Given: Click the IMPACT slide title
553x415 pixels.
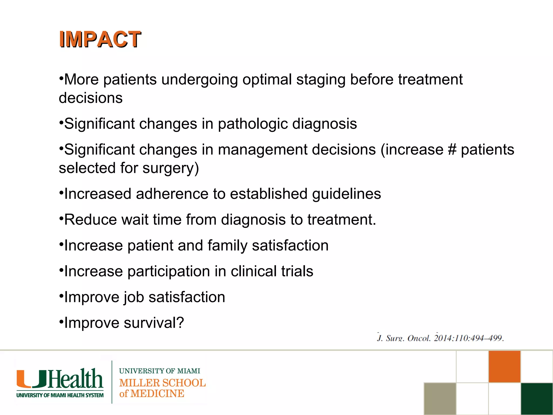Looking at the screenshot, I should point(100,39).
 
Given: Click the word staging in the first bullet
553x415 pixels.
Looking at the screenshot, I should point(321,80).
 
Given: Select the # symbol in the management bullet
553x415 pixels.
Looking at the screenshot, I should point(452,150).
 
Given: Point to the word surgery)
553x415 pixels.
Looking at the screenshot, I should point(171,168).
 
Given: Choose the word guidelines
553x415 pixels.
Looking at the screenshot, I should point(346,194).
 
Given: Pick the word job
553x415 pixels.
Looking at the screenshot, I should point(134,297).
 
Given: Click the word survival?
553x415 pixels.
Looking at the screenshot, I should point(154,323).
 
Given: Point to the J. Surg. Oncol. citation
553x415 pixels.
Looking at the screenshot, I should point(440,338).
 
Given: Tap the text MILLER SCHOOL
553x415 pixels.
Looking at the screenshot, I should point(163,383).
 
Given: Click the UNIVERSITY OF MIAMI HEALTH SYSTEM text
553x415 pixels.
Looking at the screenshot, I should point(60,395).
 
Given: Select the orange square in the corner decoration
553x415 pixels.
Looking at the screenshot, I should point(504,366).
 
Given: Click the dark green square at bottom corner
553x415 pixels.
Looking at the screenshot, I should point(537,399).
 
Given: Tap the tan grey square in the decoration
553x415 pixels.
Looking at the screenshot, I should point(440,399).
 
